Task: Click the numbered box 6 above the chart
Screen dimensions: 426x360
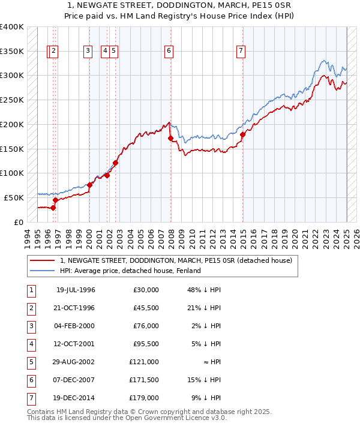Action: (169, 52)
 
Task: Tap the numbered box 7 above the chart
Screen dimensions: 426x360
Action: (241, 52)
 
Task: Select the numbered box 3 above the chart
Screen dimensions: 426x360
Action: (88, 52)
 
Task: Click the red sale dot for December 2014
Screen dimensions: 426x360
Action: (243, 134)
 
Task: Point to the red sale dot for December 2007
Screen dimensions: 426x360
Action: (170, 138)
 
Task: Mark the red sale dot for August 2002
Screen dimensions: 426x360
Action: (116, 163)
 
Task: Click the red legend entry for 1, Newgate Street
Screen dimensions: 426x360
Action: (176, 260)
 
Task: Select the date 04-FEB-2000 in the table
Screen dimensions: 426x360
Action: (76, 326)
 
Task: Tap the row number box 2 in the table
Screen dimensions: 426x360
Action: (30, 308)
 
